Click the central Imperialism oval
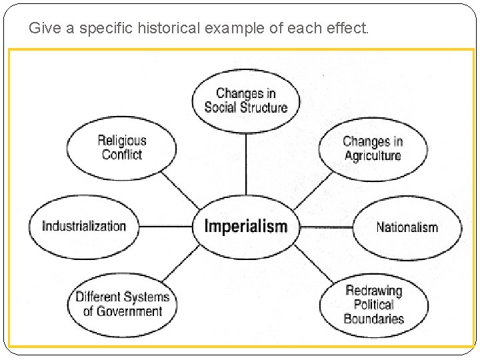(x=246, y=227)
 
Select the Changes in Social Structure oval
(x=246, y=101)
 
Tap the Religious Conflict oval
(x=122, y=147)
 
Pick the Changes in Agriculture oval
(x=372, y=149)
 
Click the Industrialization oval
(x=84, y=226)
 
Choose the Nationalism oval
(x=407, y=227)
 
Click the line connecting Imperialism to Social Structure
(x=246, y=163)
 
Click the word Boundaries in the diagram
(x=373, y=319)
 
